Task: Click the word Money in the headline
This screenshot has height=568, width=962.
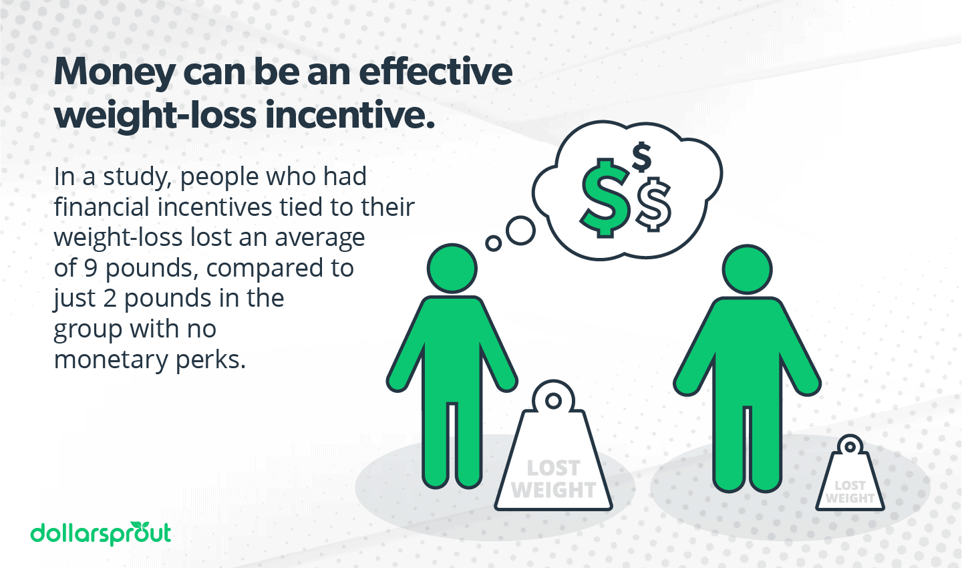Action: coord(114,72)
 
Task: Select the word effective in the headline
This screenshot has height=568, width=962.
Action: coord(436,72)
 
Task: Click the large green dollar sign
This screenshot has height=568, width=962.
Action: coord(605,197)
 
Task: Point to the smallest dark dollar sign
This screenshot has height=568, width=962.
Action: coord(641,157)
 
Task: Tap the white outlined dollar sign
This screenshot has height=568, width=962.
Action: coord(653,204)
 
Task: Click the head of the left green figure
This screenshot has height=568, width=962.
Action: coord(452,269)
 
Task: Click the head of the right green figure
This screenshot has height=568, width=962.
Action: coord(748,269)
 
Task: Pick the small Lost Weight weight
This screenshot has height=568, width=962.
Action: coord(850,481)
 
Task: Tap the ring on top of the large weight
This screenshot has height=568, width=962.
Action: coord(553,400)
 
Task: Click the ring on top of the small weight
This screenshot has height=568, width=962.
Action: coord(850,446)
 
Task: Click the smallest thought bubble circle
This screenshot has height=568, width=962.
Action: coord(494,243)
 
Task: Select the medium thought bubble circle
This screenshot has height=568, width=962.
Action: coord(520,231)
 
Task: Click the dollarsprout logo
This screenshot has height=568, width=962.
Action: coord(101,533)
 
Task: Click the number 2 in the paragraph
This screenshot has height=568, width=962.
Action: coord(110,298)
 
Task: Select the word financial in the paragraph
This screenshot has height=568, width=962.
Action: coord(102,207)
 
